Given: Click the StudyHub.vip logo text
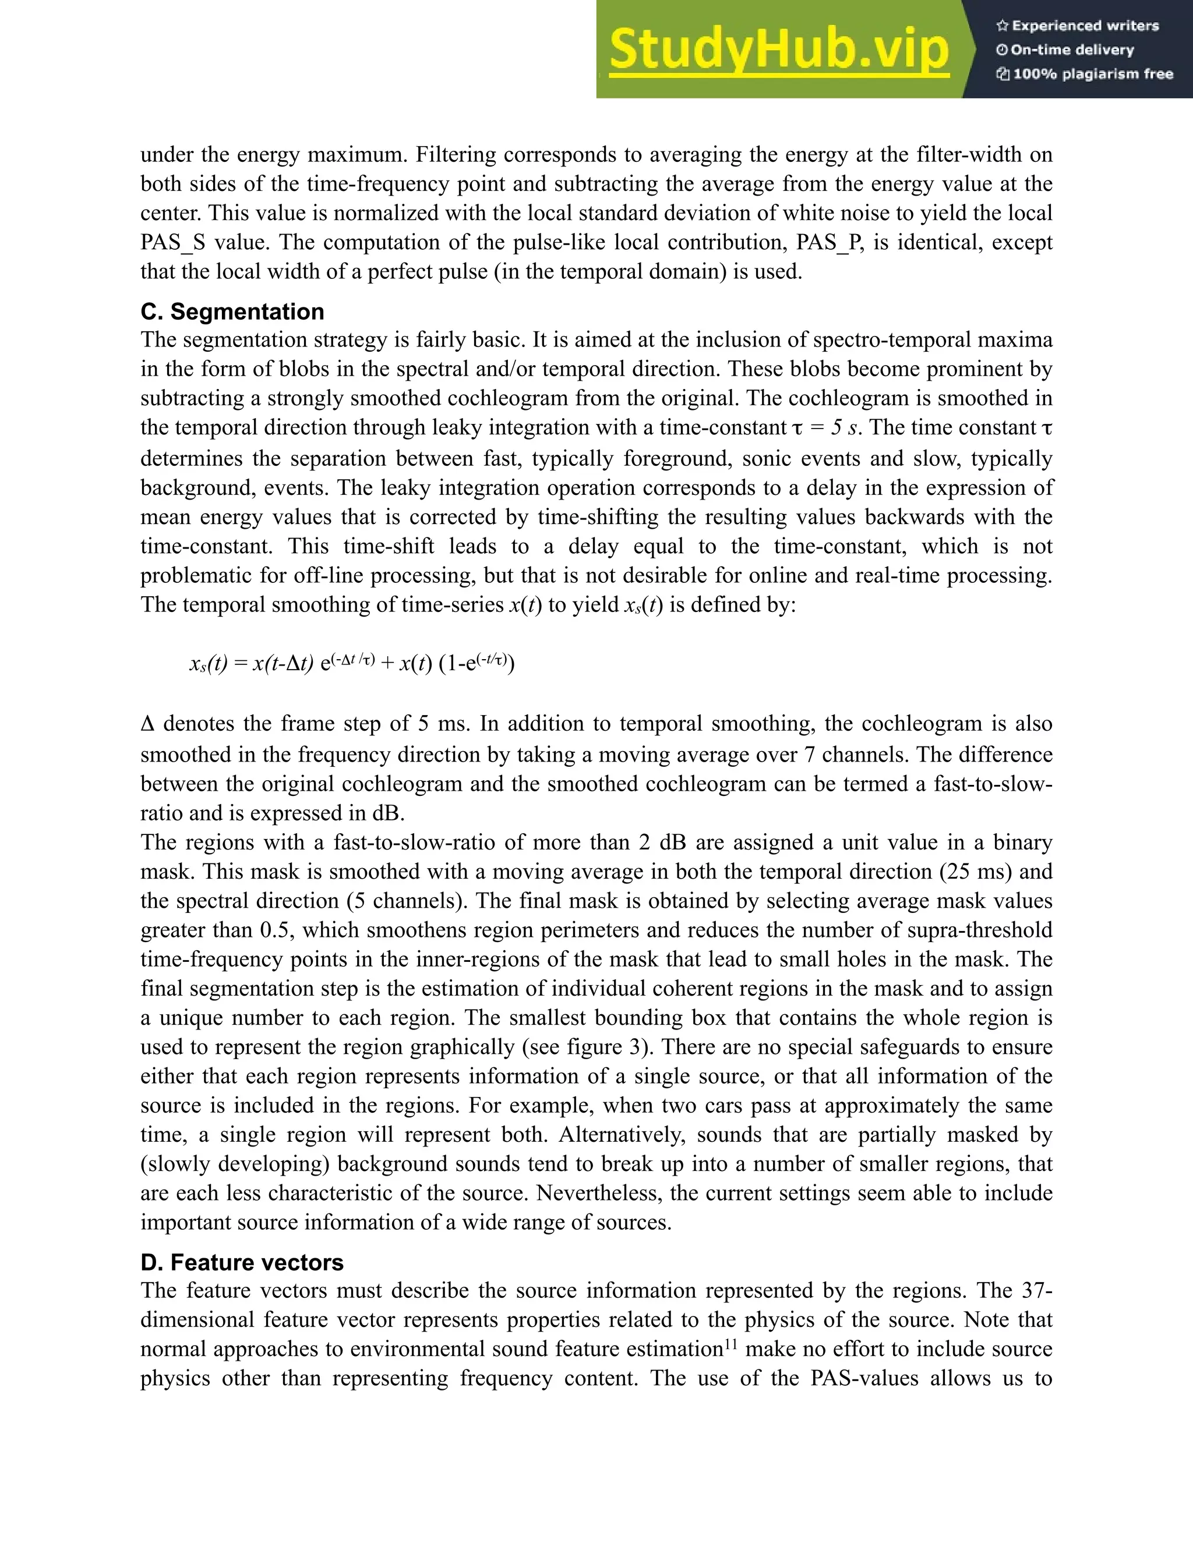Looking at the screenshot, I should tap(778, 49).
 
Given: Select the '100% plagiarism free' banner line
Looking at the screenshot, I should tap(1084, 74).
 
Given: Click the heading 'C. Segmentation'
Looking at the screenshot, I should tap(232, 312).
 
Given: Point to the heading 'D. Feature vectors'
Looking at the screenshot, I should tap(242, 1262).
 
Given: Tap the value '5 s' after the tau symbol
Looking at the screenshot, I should tap(845, 427).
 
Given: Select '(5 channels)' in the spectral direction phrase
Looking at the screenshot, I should tap(398, 901).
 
